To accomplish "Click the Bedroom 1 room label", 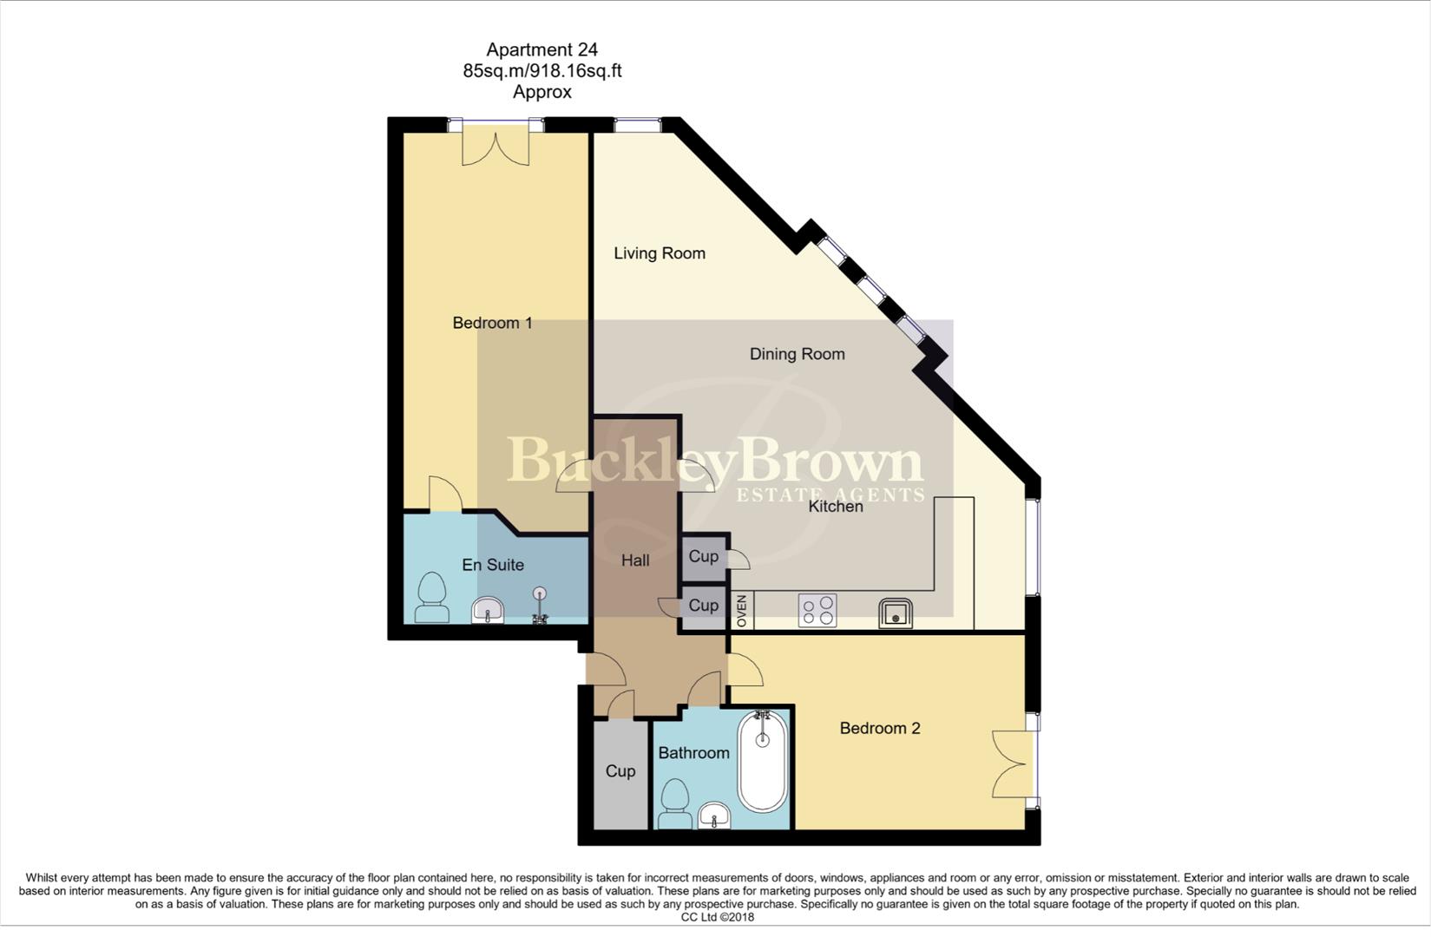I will click(492, 323).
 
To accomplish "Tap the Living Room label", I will click(660, 253).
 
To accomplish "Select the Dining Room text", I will click(797, 354).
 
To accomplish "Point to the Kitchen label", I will click(836, 507).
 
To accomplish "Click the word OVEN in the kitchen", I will click(742, 611).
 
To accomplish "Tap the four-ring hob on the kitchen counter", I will click(817, 610).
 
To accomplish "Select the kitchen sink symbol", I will click(895, 613).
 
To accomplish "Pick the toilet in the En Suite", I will click(431, 598).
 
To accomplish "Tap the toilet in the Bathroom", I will click(674, 803).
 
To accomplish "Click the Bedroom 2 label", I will click(879, 729).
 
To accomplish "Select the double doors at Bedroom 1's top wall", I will click(495, 143).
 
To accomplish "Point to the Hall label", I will click(635, 560).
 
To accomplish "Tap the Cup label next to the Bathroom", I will click(620, 771).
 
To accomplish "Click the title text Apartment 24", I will click(542, 50).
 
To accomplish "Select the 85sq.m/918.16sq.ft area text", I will click(542, 71).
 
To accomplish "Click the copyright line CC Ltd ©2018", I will click(717, 917).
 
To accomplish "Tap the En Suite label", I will click(492, 565).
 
